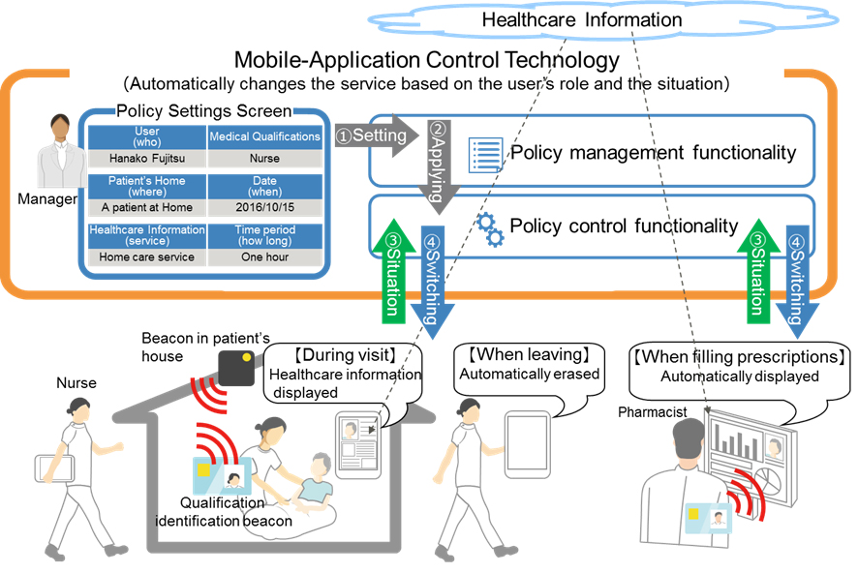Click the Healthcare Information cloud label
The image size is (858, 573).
tap(581, 19)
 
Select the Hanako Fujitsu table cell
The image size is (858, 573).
tap(147, 158)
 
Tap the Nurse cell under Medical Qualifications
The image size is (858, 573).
tap(264, 158)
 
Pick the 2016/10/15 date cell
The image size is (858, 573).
tap(264, 207)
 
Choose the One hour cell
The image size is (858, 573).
tap(264, 257)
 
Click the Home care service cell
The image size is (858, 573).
tap(147, 257)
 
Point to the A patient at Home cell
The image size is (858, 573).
tap(147, 207)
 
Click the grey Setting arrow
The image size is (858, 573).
tap(372, 136)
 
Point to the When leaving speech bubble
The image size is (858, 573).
tap(527, 366)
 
